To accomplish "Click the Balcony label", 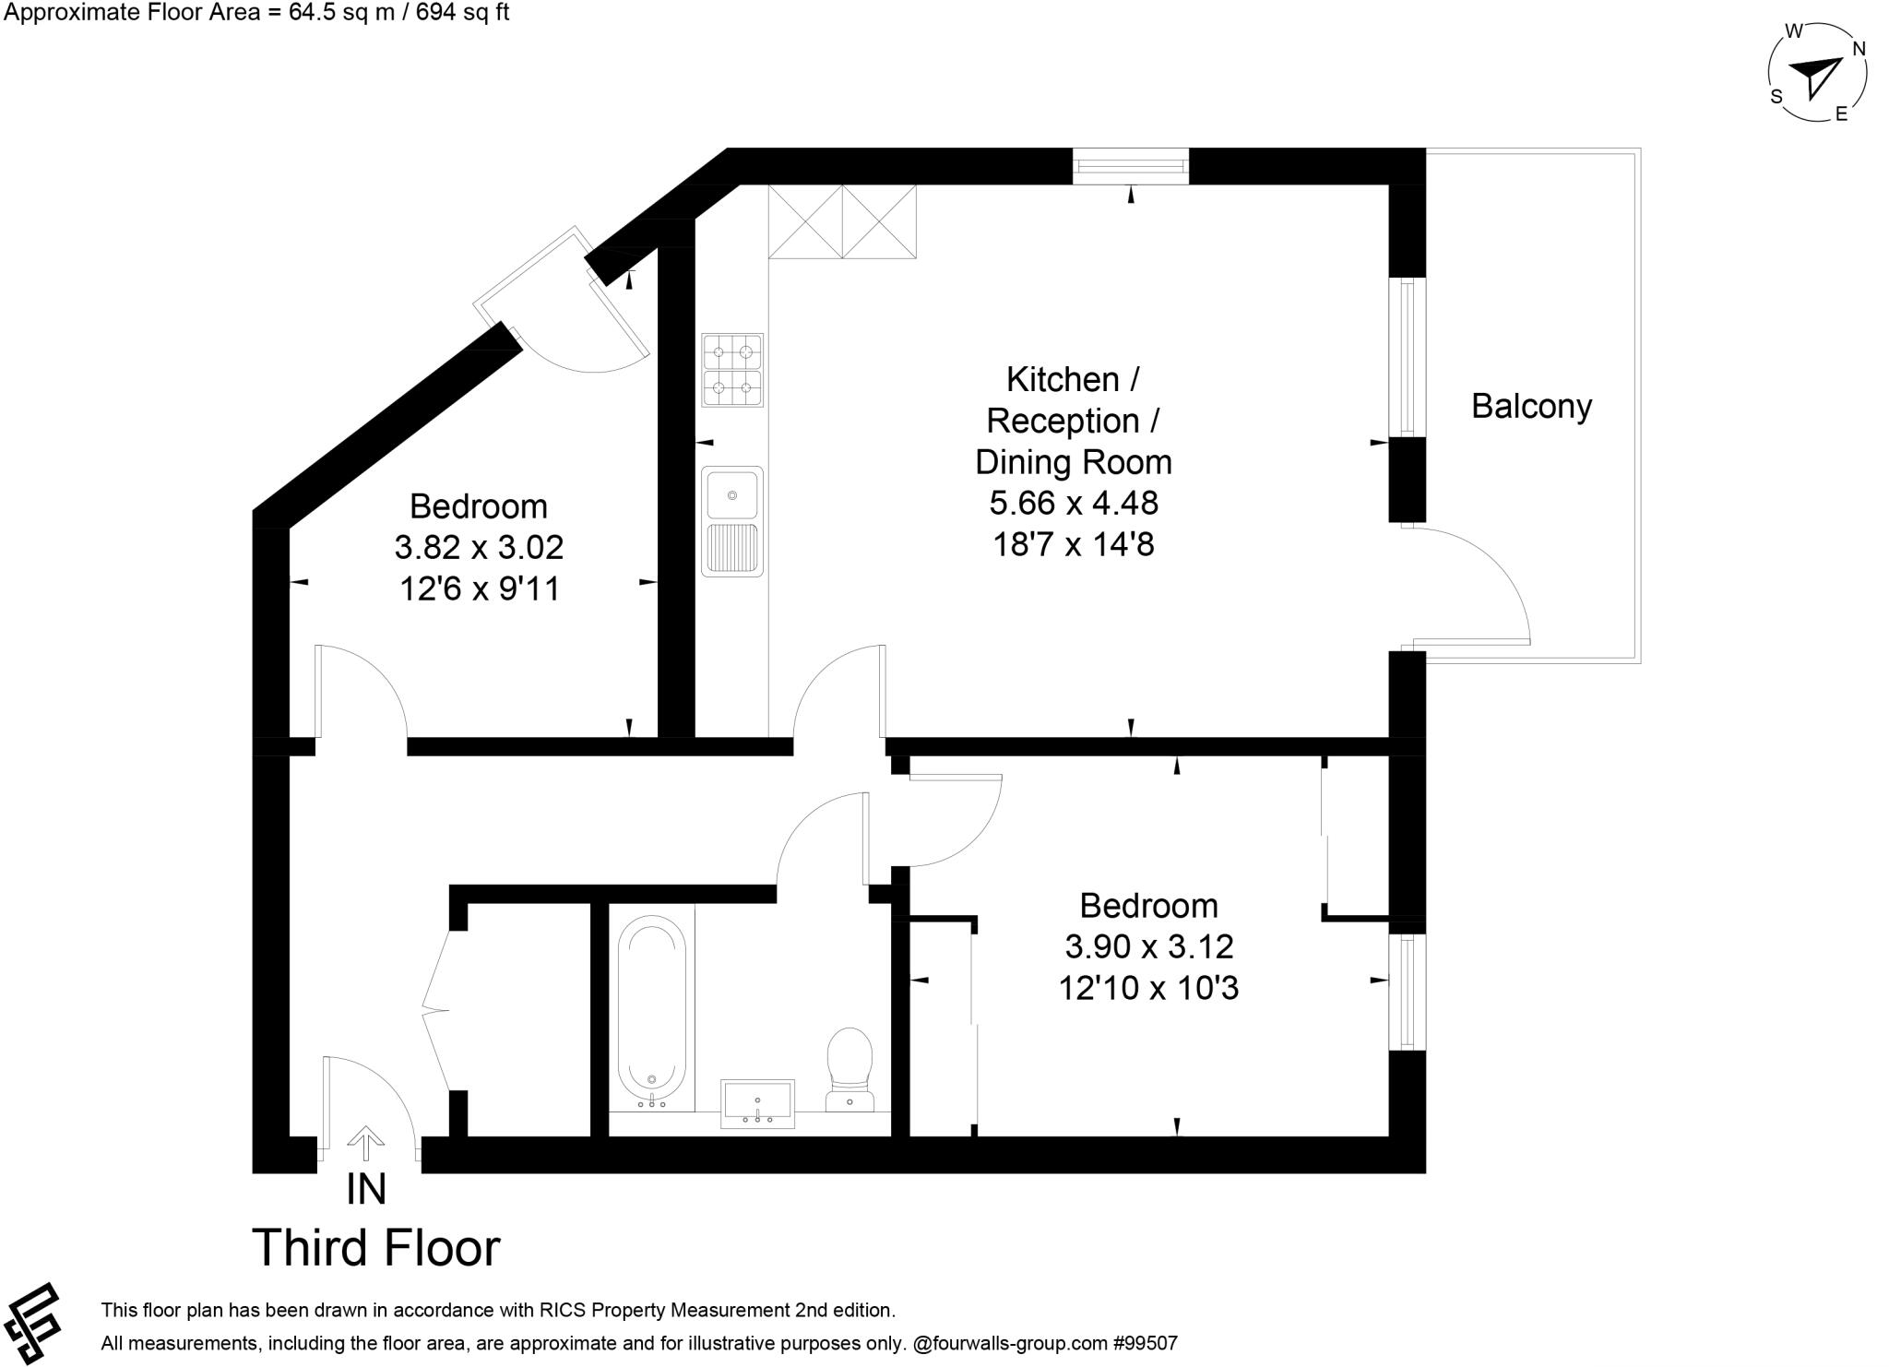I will [1531, 407].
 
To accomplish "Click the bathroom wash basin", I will [757, 1103].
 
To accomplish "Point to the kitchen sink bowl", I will [732, 494].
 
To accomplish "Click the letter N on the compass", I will [1859, 49].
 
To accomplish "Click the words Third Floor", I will [376, 1248].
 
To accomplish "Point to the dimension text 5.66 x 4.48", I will [1074, 504].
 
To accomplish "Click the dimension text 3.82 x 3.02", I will [479, 548].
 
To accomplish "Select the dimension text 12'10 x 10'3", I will [1148, 989].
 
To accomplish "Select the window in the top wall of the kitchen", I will [1131, 167].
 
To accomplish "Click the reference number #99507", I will [1145, 1343].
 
